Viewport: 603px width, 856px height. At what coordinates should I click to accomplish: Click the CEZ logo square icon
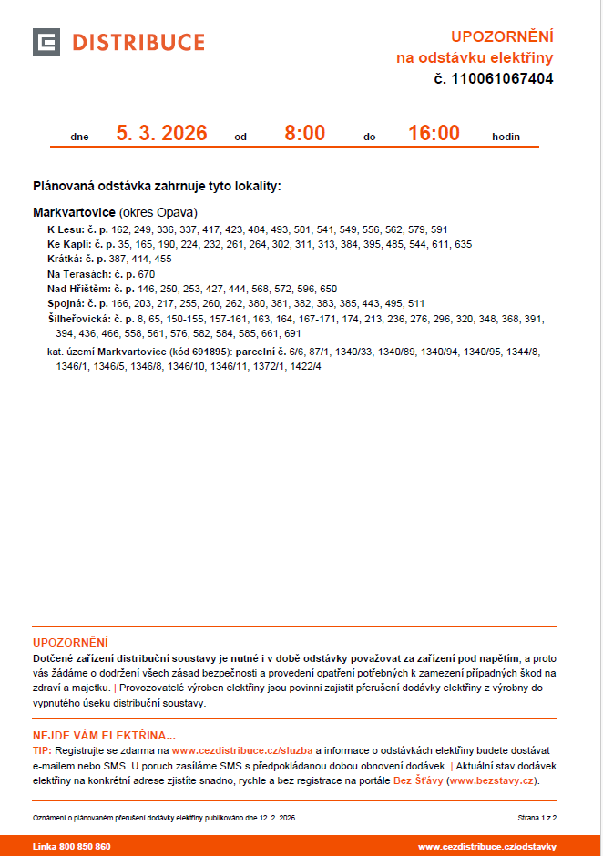pyautogui.click(x=46, y=42)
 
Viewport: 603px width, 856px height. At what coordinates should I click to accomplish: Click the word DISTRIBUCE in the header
pyautogui.click(x=138, y=43)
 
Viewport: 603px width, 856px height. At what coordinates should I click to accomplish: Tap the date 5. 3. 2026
pyautogui.click(x=161, y=134)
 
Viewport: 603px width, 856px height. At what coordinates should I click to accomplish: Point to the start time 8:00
pyautogui.click(x=304, y=134)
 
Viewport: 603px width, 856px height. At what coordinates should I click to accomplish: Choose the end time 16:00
pyautogui.click(x=434, y=134)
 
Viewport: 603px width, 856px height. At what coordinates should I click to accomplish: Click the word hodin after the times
pyautogui.click(x=506, y=138)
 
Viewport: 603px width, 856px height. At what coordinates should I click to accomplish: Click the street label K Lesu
pyautogui.click(x=65, y=230)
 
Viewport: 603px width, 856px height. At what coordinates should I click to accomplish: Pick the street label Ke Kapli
pyautogui.click(x=68, y=245)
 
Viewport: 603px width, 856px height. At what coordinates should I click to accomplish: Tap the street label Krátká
pyautogui.click(x=64, y=260)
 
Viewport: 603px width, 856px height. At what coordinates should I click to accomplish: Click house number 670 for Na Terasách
pyautogui.click(x=147, y=274)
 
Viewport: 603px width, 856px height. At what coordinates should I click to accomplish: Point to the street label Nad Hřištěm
pyautogui.click(x=77, y=289)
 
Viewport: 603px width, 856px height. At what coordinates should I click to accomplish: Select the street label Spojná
pyautogui.click(x=65, y=303)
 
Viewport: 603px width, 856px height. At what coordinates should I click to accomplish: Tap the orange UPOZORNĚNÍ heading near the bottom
pyautogui.click(x=70, y=642)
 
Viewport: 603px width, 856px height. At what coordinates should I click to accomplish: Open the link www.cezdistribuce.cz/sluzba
pyautogui.click(x=242, y=750)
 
